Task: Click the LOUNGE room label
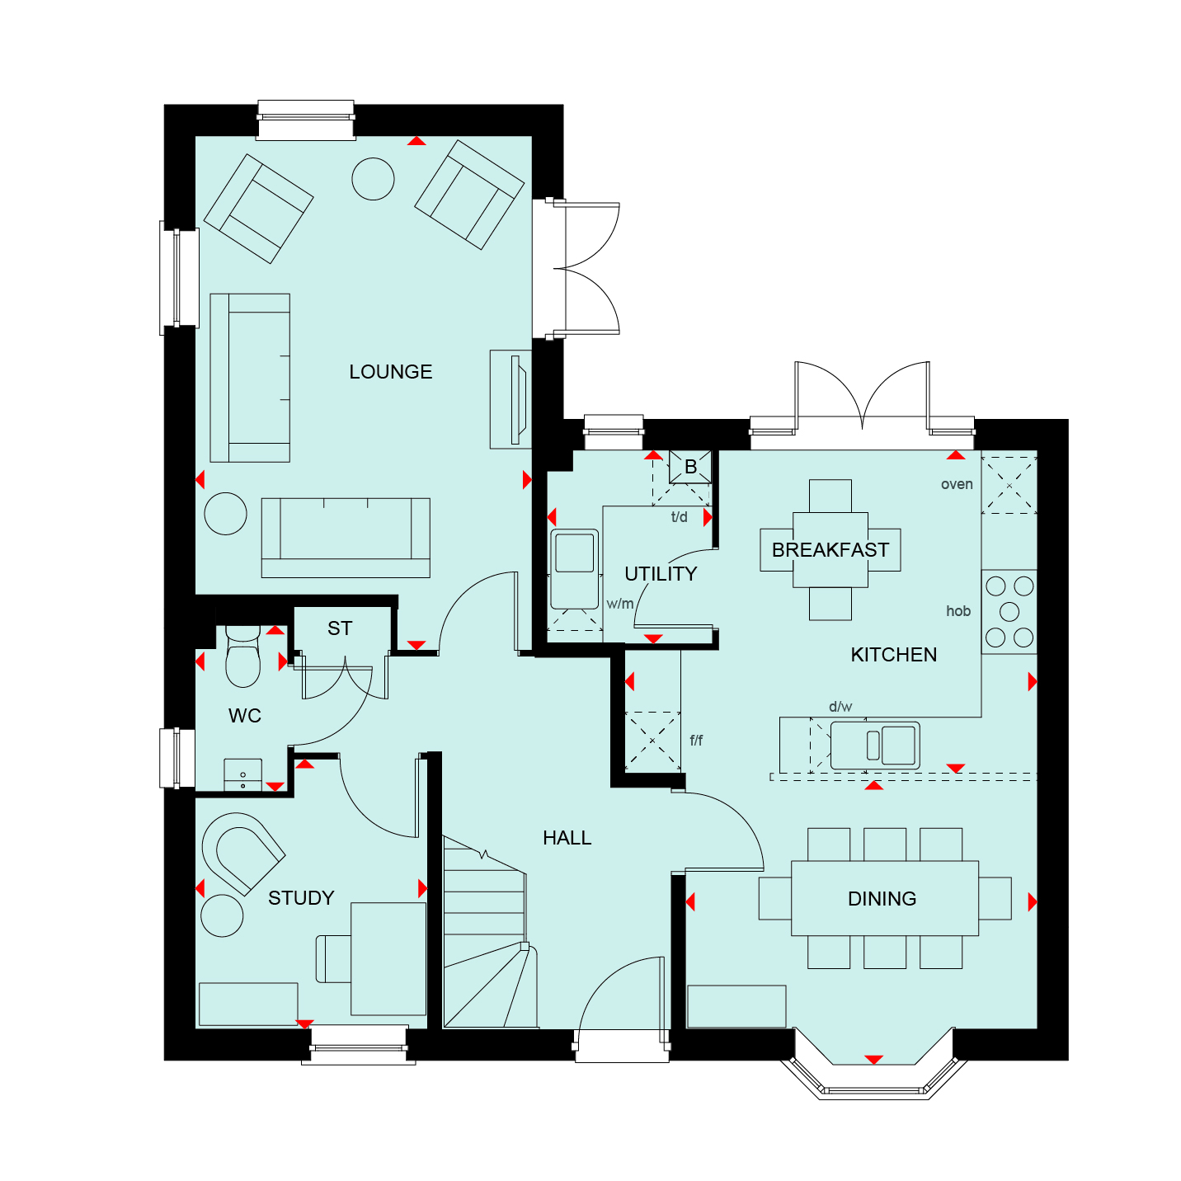(390, 371)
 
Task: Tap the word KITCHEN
(893, 655)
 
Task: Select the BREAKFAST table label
(830, 550)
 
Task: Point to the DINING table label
(882, 898)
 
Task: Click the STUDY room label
(301, 898)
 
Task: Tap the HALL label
(567, 838)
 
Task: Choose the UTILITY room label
(661, 574)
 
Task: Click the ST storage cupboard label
(340, 628)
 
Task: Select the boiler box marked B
(690, 467)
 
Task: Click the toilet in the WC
(243, 656)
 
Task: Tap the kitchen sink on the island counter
(875, 746)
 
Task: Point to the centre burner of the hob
(1009, 612)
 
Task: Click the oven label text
(957, 484)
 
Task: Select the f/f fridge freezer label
(696, 741)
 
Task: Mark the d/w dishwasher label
(840, 707)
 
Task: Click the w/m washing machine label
(619, 604)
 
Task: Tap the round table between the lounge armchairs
(373, 179)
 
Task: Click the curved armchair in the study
(243, 854)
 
